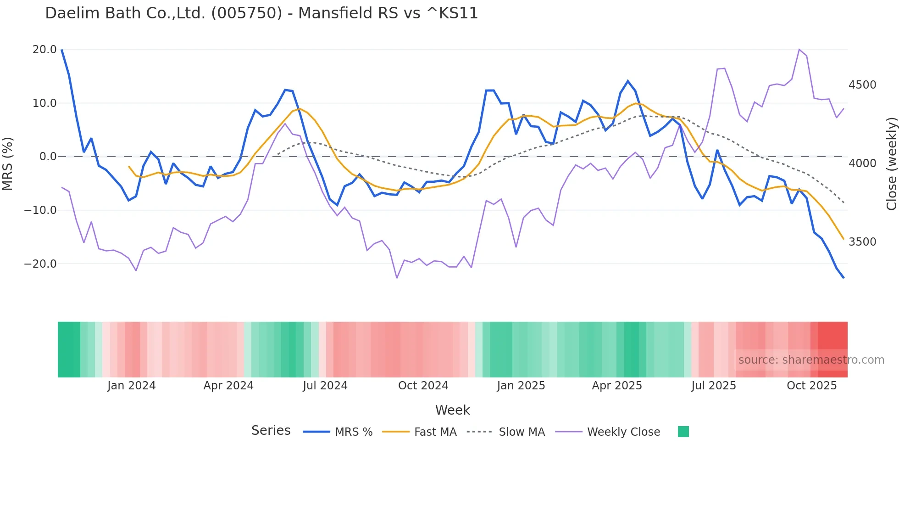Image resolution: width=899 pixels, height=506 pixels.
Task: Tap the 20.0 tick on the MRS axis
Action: pyautogui.click(x=44, y=50)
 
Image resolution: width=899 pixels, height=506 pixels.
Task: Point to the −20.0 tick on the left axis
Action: pyautogui.click(x=40, y=264)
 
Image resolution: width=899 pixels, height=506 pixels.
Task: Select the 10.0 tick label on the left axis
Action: pyautogui.click(x=44, y=103)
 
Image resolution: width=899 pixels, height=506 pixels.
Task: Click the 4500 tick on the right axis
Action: pyautogui.click(x=862, y=85)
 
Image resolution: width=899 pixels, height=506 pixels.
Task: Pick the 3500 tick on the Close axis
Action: pyautogui.click(x=862, y=242)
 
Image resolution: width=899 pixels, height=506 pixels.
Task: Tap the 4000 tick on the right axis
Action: pyautogui.click(x=862, y=163)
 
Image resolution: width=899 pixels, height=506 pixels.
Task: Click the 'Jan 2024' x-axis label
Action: pyautogui.click(x=132, y=386)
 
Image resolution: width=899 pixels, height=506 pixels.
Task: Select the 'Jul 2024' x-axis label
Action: pyautogui.click(x=325, y=386)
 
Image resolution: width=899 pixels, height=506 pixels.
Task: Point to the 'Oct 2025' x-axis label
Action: pyautogui.click(x=812, y=386)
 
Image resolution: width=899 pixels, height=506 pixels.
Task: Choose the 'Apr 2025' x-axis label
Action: pyautogui.click(x=617, y=386)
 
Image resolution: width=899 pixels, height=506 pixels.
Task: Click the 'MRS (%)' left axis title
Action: pyautogui.click(x=8, y=163)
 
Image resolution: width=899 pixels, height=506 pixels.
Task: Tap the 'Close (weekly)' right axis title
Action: pyautogui.click(x=891, y=163)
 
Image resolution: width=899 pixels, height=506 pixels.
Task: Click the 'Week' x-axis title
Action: pyautogui.click(x=452, y=410)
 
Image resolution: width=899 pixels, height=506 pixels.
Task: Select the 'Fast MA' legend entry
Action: pyautogui.click(x=435, y=432)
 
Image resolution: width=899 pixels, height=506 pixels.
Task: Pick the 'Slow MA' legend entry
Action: pyautogui.click(x=522, y=432)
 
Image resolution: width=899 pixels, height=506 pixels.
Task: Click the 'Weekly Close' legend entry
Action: pyautogui.click(x=623, y=432)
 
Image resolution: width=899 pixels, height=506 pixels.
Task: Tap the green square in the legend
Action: pyautogui.click(x=683, y=432)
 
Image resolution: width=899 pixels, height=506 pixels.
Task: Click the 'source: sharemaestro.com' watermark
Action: pyautogui.click(x=811, y=360)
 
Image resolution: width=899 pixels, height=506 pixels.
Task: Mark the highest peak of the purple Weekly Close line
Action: pyautogui.click(x=799, y=49)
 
